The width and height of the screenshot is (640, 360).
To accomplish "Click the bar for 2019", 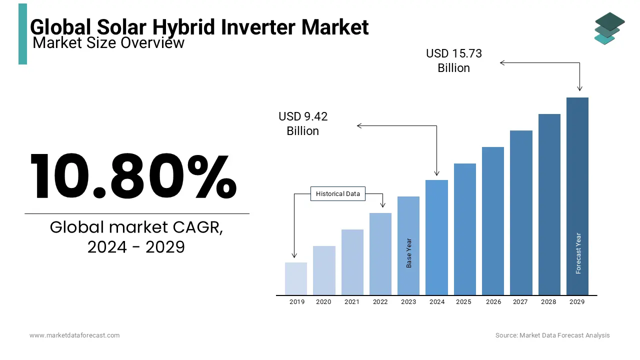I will tap(295, 278).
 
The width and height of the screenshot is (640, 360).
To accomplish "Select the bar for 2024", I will tap(436, 237).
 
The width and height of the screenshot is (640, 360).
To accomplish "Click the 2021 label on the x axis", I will tap(352, 302).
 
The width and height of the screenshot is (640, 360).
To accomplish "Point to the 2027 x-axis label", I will tap(520, 302).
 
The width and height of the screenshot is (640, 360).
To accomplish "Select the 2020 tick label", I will tap(323, 302).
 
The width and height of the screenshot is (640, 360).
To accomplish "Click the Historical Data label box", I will tap(338, 194).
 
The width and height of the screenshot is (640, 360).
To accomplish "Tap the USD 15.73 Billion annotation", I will tap(453, 60).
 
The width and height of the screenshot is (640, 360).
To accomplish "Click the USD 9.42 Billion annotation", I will tap(303, 123).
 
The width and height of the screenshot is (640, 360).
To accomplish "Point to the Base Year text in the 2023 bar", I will tap(409, 253).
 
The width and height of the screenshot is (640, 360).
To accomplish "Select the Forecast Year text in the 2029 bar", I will tap(578, 253).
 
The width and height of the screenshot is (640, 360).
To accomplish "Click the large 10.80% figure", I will tap(133, 176).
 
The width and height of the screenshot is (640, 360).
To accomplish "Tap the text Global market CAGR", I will tap(136, 227).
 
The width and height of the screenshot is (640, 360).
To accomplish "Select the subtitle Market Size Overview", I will tap(108, 43).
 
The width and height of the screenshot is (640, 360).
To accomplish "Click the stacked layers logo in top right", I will tap(609, 28).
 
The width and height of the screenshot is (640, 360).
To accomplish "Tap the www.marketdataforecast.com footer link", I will tap(74, 335).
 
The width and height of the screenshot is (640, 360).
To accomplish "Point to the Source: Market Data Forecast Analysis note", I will tap(552, 335).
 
